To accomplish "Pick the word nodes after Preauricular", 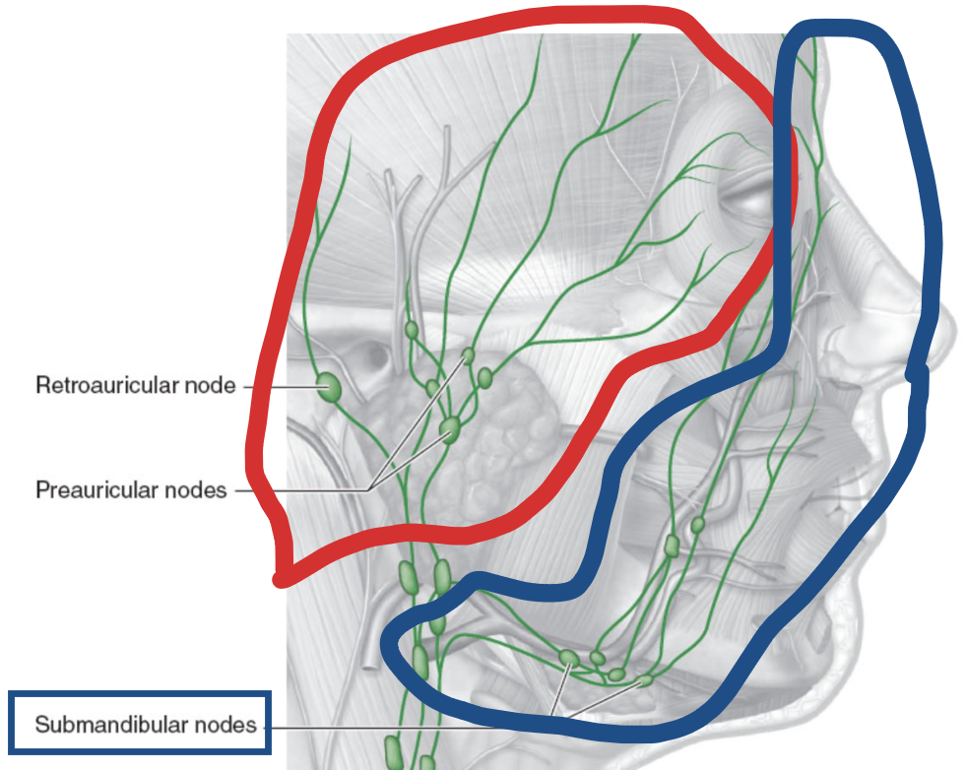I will point(201,489).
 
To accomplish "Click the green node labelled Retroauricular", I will point(329,387).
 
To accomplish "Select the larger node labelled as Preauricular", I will point(450,428).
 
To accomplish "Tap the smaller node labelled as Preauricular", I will point(469,354).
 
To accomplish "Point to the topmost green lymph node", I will point(412,328).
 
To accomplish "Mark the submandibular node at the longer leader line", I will point(646,679).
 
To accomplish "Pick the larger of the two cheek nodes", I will point(673,545).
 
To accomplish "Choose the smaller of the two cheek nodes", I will point(698,525).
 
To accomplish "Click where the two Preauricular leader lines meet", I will point(371,489).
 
